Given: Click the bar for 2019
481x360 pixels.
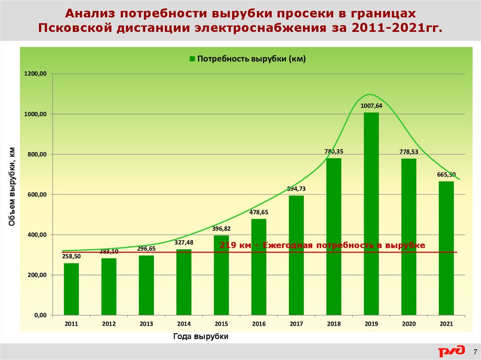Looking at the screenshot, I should pyautogui.click(x=371, y=214).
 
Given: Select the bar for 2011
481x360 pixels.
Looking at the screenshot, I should pyautogui.click(x=71, y=289).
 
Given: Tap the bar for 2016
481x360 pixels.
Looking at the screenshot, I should pyautogui.click(x=259, y=267).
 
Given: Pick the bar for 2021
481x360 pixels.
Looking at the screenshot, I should pyautogui.click(x=446, y=248).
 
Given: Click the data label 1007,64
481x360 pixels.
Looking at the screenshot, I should pyautogui.click(x=372, y=106).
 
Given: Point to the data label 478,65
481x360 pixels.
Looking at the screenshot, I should pyautogui.click(x=259, y=213).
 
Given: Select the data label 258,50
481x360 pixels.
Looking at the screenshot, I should pyautogui.click(x=71, y=256).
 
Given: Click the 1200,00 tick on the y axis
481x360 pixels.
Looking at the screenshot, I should pyautogui.click(x=36, y=74).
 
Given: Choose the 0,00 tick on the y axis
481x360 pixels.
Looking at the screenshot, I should pyautogui.click(x=40, y=315).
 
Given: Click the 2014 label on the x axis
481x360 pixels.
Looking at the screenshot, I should pyautogui.click(x=184, y=324).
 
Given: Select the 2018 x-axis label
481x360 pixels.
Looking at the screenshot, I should pyautogui.click(x=334, y=324).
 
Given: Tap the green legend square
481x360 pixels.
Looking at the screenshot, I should pyautogui.click(x=192, y=59).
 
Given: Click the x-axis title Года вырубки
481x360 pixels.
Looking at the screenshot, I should pyautogui.click(x=201, y=337).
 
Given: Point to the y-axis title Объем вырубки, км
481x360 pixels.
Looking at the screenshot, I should pyautogui.click(x=12, y=187).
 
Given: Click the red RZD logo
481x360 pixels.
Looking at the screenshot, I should pyautogui.click(x=451, y=351).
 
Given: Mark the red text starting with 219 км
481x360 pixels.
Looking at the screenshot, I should pyautogui.click(x=322, y=245).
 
